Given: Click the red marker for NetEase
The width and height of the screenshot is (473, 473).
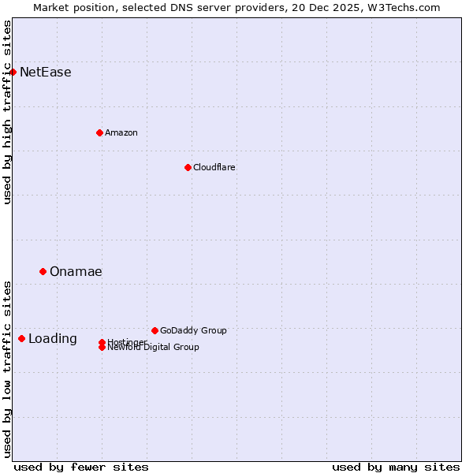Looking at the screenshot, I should coord(13,72).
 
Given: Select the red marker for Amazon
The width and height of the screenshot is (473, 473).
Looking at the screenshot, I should coord(99,132).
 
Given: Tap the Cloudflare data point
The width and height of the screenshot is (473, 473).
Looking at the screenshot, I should coord(188,167).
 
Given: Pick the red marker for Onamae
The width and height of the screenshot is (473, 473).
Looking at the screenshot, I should coord(43,271).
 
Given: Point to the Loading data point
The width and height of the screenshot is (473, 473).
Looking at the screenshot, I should coord(21,338).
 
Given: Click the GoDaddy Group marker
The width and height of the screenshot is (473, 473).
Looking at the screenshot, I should coord(155,330).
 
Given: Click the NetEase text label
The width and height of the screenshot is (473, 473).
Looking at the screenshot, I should coord(46,73).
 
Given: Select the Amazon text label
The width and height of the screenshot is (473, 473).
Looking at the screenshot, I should coord(121,132).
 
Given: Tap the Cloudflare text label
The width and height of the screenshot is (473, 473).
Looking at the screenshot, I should coord(214,167).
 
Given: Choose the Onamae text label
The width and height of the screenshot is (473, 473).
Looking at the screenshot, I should coord(76,272).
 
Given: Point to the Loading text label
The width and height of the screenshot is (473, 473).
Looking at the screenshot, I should coord(53,339).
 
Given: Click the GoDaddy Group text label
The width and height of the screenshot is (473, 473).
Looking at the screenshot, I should coord(193,330).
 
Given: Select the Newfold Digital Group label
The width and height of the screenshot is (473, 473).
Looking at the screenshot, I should coord(154,347).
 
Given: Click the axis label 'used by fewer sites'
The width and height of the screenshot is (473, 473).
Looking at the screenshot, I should coord(81,467).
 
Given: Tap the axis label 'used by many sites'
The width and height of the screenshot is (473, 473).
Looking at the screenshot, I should coord(396,467).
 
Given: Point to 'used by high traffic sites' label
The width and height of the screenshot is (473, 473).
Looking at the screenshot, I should coord(8,112).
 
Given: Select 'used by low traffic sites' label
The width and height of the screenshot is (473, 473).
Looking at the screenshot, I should coord(8,368).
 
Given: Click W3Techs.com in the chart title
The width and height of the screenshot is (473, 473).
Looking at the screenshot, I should coord(402,7).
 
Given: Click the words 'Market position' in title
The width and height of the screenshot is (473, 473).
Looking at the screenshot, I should coord(72,7).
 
